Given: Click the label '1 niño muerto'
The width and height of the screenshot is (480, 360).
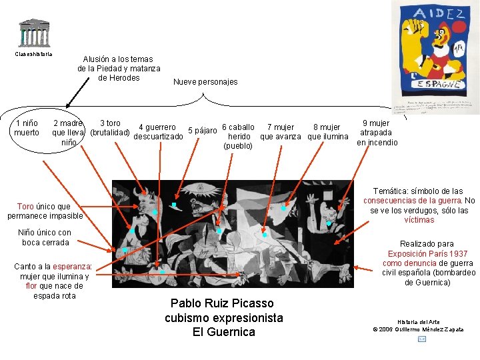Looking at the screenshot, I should coord(27,127).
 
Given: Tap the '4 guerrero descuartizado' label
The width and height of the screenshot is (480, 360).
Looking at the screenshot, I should coord(158,132).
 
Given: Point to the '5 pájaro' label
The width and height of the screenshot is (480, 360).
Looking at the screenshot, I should coord(203,130).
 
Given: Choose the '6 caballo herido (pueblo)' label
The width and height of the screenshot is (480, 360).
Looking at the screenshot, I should coord(237,136).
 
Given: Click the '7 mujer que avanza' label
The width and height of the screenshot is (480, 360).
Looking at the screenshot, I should coord(280,132).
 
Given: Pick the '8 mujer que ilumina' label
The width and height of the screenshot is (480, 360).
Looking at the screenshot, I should coord(326,132).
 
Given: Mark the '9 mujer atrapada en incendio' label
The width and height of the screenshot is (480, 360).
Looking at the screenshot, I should coord(377,133).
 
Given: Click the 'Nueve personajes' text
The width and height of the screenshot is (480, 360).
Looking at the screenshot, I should coord(205,82).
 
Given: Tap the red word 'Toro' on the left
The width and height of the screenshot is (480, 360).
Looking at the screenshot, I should coord(25,207).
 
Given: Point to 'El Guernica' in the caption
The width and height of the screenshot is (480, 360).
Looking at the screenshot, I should coord(223,331).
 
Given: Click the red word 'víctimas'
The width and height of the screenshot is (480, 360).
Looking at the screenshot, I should coord(419,220).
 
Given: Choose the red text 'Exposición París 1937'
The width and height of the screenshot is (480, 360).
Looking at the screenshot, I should coord(428,254).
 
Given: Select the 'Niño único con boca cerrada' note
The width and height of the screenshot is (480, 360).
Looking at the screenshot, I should coord(45,237).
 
